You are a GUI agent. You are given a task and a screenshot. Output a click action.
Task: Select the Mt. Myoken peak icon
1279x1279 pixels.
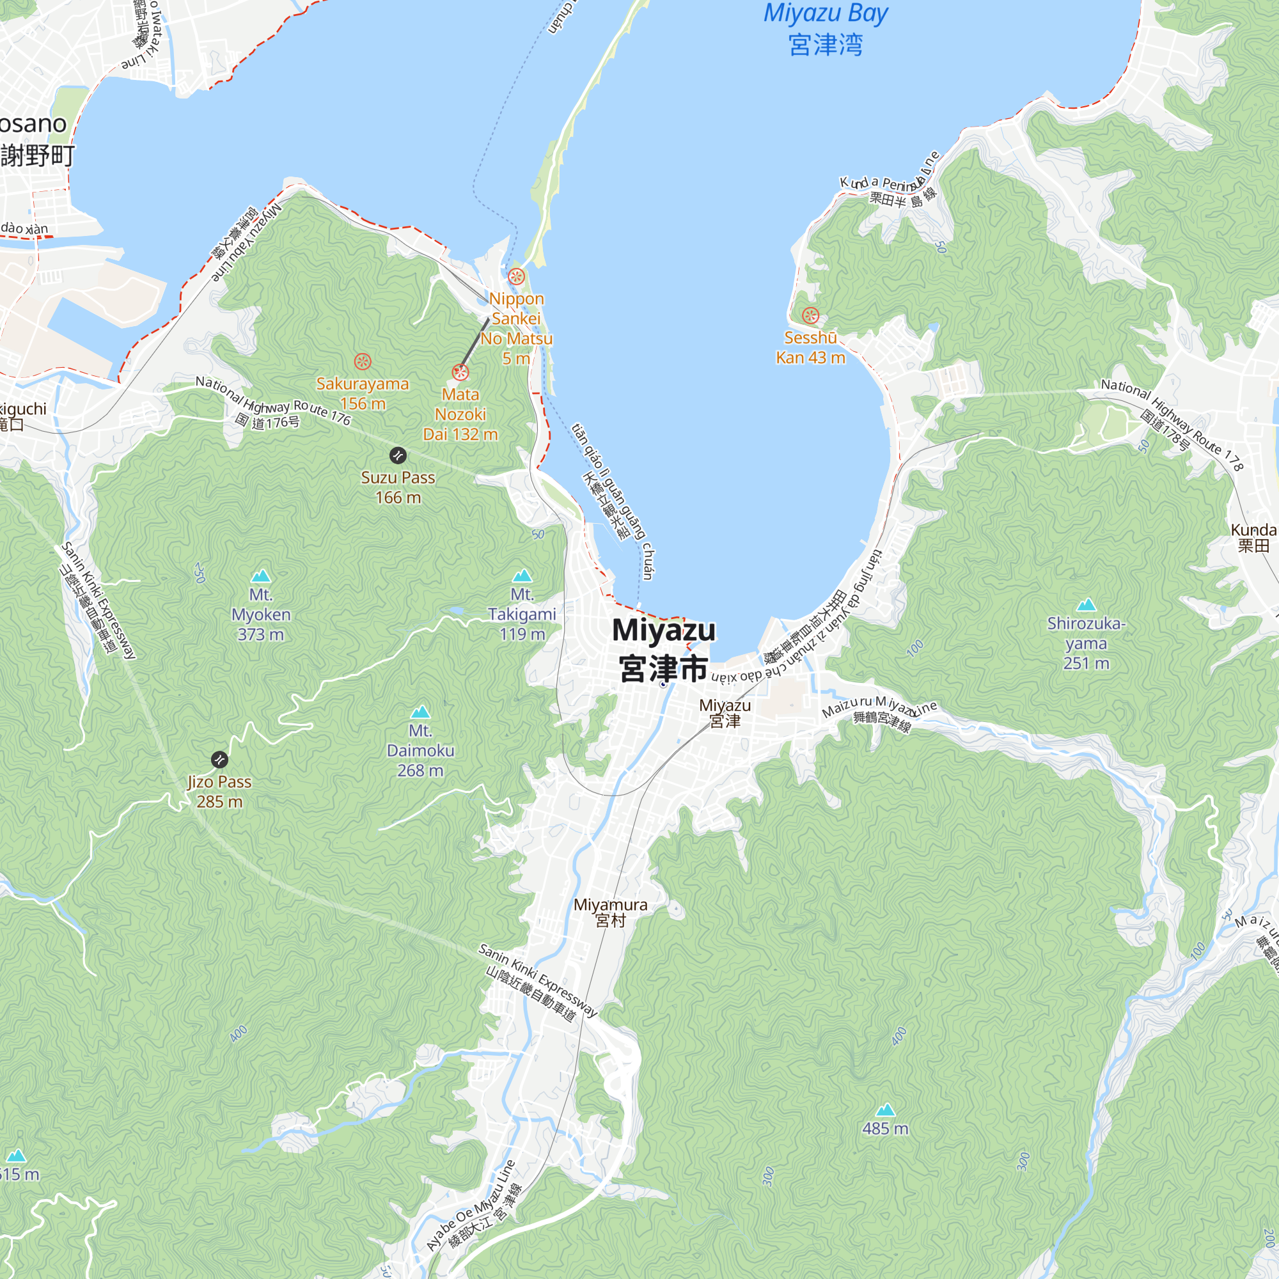(261, 576)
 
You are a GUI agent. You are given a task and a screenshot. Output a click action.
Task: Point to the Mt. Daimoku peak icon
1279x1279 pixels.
(420, 712)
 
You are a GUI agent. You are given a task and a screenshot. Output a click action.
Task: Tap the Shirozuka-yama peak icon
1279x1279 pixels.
(1087, 604)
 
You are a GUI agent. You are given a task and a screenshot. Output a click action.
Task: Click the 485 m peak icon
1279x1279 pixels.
(885, 1110)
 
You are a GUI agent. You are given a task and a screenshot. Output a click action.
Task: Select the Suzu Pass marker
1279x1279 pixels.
(397, 455)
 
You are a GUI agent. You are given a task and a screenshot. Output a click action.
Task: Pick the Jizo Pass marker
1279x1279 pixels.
(219, 759)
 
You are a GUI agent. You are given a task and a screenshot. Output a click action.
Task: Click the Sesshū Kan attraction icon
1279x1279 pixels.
(810, 315)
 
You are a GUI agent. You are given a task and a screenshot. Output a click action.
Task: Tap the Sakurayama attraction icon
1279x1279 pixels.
(362, 361)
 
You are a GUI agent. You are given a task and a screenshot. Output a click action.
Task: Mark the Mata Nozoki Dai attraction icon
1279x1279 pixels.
(460, 372)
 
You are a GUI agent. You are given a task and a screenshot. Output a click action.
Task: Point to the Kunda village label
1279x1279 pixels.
(1253, 538)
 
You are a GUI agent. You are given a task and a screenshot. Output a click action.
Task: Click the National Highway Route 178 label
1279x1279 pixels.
(1171, 424)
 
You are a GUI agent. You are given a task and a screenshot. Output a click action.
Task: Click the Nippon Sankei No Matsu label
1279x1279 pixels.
(516, 328)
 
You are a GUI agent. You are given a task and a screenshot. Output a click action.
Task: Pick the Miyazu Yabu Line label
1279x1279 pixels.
(246, 244)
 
